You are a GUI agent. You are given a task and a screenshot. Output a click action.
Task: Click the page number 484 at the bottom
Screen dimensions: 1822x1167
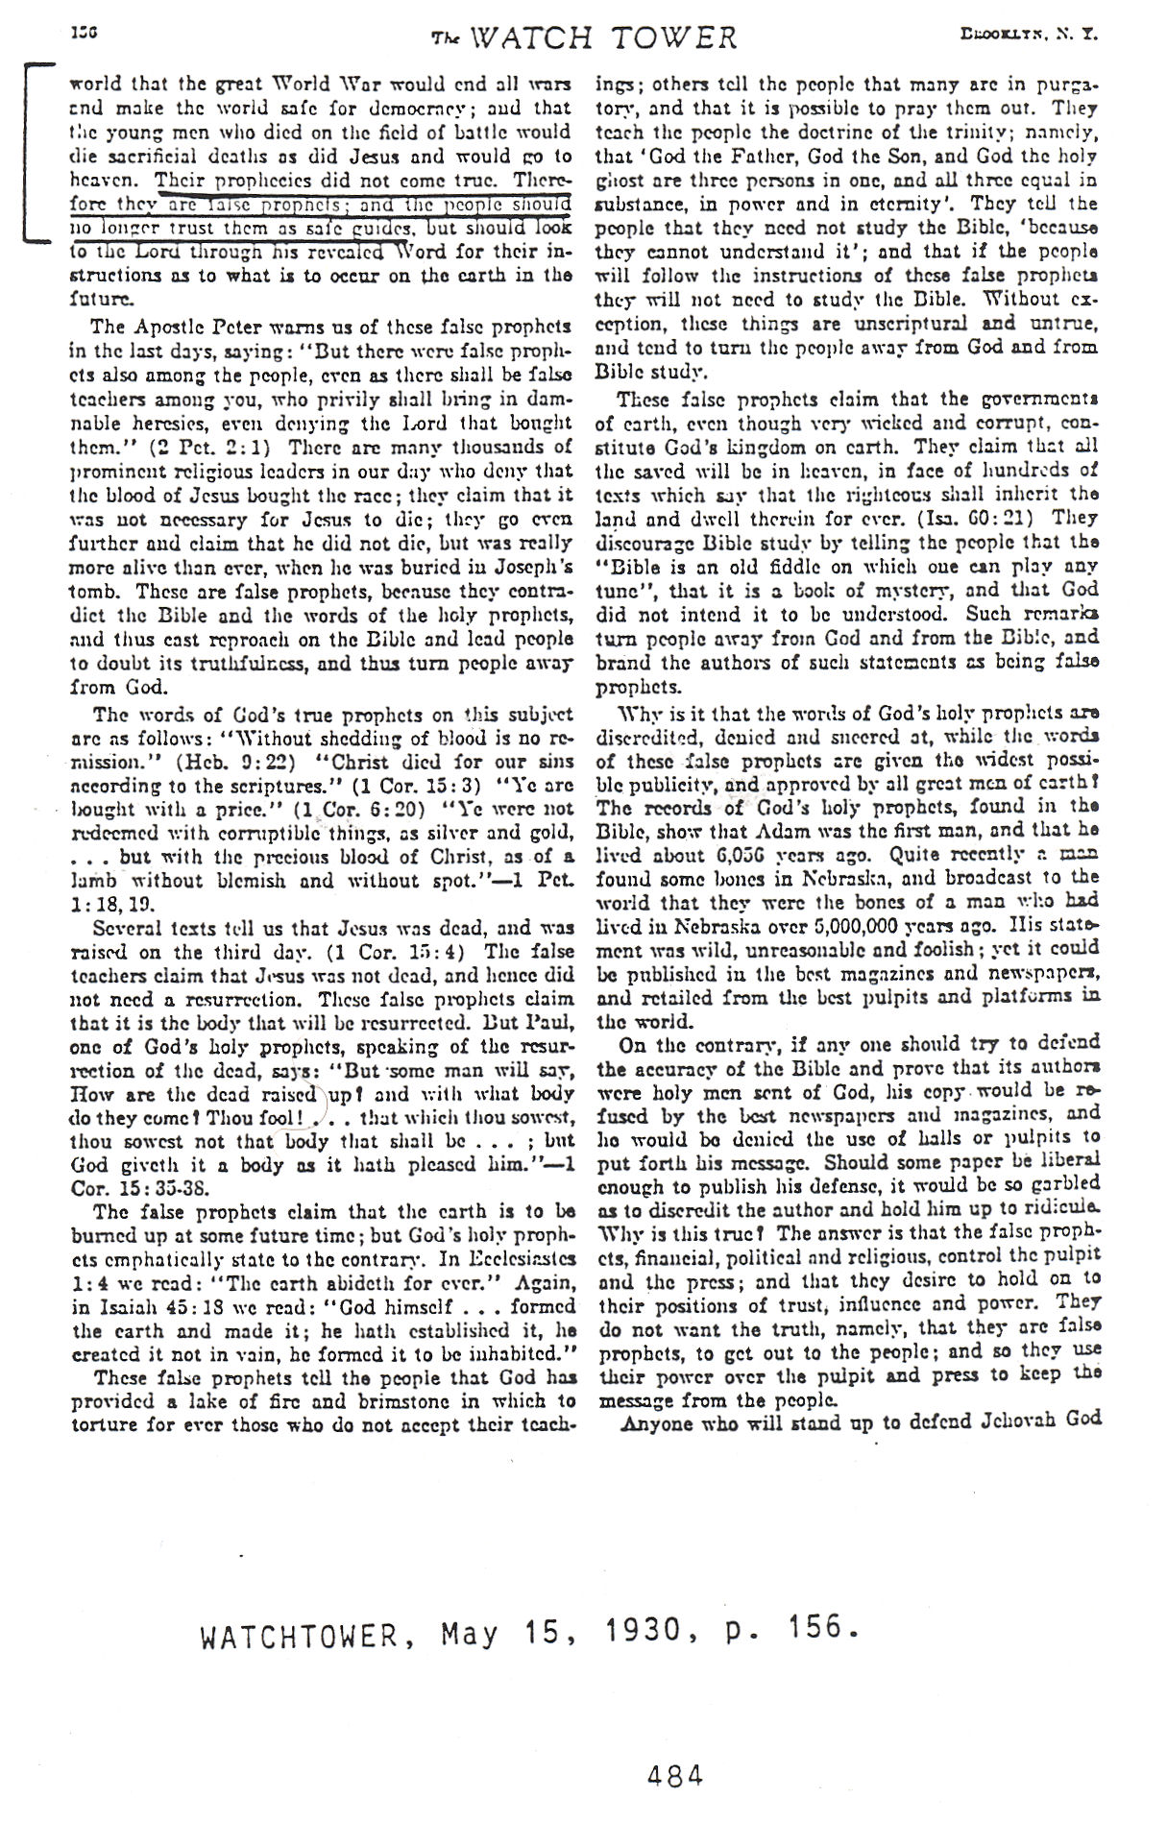click(675, 1775)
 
